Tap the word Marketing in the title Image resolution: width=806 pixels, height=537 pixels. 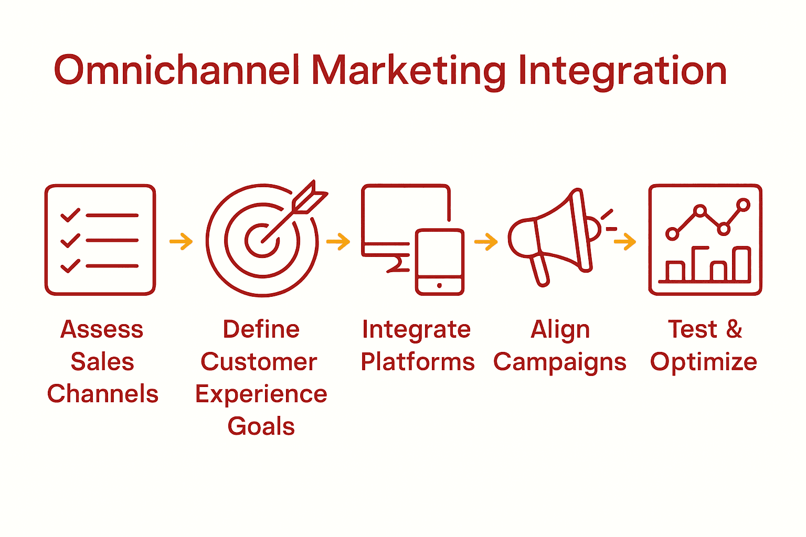coord(408,71)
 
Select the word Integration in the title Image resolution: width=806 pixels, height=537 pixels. coord(622,71)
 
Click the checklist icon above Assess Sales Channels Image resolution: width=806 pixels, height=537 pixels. coord(100,240)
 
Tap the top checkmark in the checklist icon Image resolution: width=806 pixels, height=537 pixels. coord(70,215)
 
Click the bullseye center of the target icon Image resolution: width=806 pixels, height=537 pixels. coord(262,241)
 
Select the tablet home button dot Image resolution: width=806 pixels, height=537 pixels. coord(439,285)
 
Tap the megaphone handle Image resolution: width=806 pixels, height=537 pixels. coord(540,270)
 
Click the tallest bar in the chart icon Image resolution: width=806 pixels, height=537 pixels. coord(741,265)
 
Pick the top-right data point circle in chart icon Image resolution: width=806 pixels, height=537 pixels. coord(743,205)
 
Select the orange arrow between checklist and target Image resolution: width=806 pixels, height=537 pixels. coord(181,242)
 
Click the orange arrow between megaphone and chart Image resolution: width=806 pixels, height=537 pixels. coord(624,242)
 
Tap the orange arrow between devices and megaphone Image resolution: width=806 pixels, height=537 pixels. coord(486,242)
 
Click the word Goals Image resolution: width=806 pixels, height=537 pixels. coord(261,426)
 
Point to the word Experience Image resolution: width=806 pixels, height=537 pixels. coord(261,394)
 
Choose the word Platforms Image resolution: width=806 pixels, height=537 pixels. coord(418,362)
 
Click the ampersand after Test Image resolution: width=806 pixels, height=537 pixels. coord(734,329)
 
